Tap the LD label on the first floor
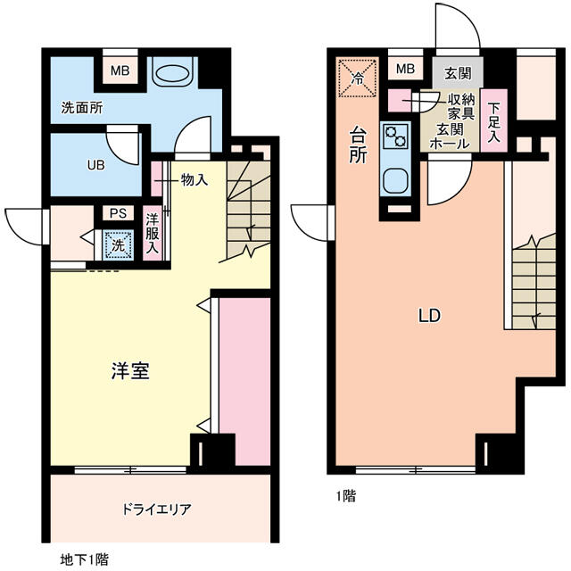pos(430,315)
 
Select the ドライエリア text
pos(156,509)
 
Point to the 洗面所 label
pos(81,108)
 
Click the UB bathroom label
pos(95,164)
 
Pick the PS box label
pos(118,213)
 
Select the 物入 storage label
pos(194,179)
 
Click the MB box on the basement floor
pos(118,70)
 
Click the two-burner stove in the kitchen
pos(394,137)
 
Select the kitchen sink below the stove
pos(394,181)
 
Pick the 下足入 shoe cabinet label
pos(493,122)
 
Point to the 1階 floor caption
pos(345,496)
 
